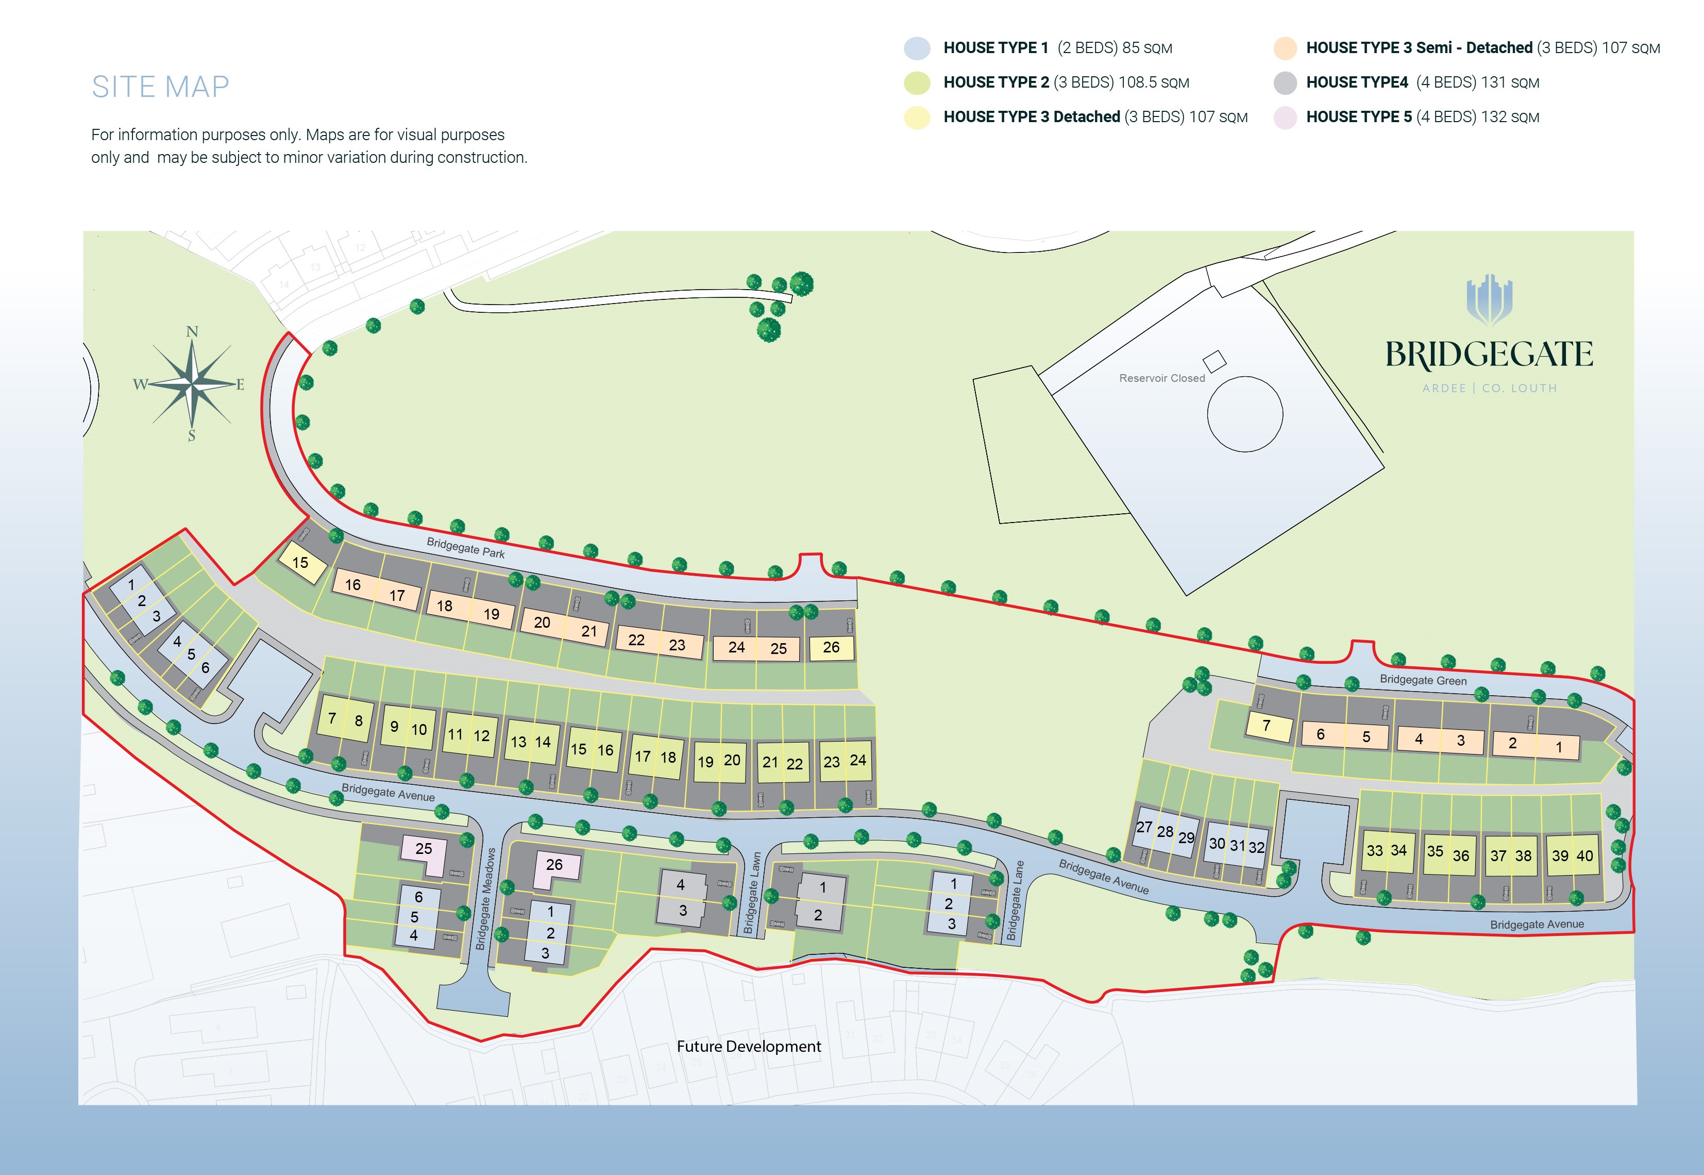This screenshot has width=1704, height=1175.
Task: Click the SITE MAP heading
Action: (160, 87)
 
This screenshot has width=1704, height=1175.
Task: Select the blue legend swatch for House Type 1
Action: (917, 48)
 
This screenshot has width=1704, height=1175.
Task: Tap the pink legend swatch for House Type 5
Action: (1285, 118)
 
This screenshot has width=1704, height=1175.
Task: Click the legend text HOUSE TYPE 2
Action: (996, 82)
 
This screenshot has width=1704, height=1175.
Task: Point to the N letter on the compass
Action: (192, 332)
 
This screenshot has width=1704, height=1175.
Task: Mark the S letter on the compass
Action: (191, 436)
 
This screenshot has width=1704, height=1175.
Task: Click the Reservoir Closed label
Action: (1161, 378)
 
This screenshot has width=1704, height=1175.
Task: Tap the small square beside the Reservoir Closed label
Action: (1214, 361)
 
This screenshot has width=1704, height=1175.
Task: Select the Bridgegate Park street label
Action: (465, 548)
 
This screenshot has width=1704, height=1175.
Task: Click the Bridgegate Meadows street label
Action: (486, 898)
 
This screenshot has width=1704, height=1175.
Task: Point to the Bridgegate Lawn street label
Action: (753, 893)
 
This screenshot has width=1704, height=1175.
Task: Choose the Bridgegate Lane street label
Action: (1015, 900)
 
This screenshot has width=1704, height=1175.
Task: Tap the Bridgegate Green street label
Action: (1422, 680)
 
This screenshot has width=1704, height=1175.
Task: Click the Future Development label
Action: (749, 1046)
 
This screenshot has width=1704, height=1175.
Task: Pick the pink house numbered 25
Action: (423, 848)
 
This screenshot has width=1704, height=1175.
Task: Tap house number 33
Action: (1374, 850)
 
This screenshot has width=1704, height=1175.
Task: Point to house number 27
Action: (1144, 828)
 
